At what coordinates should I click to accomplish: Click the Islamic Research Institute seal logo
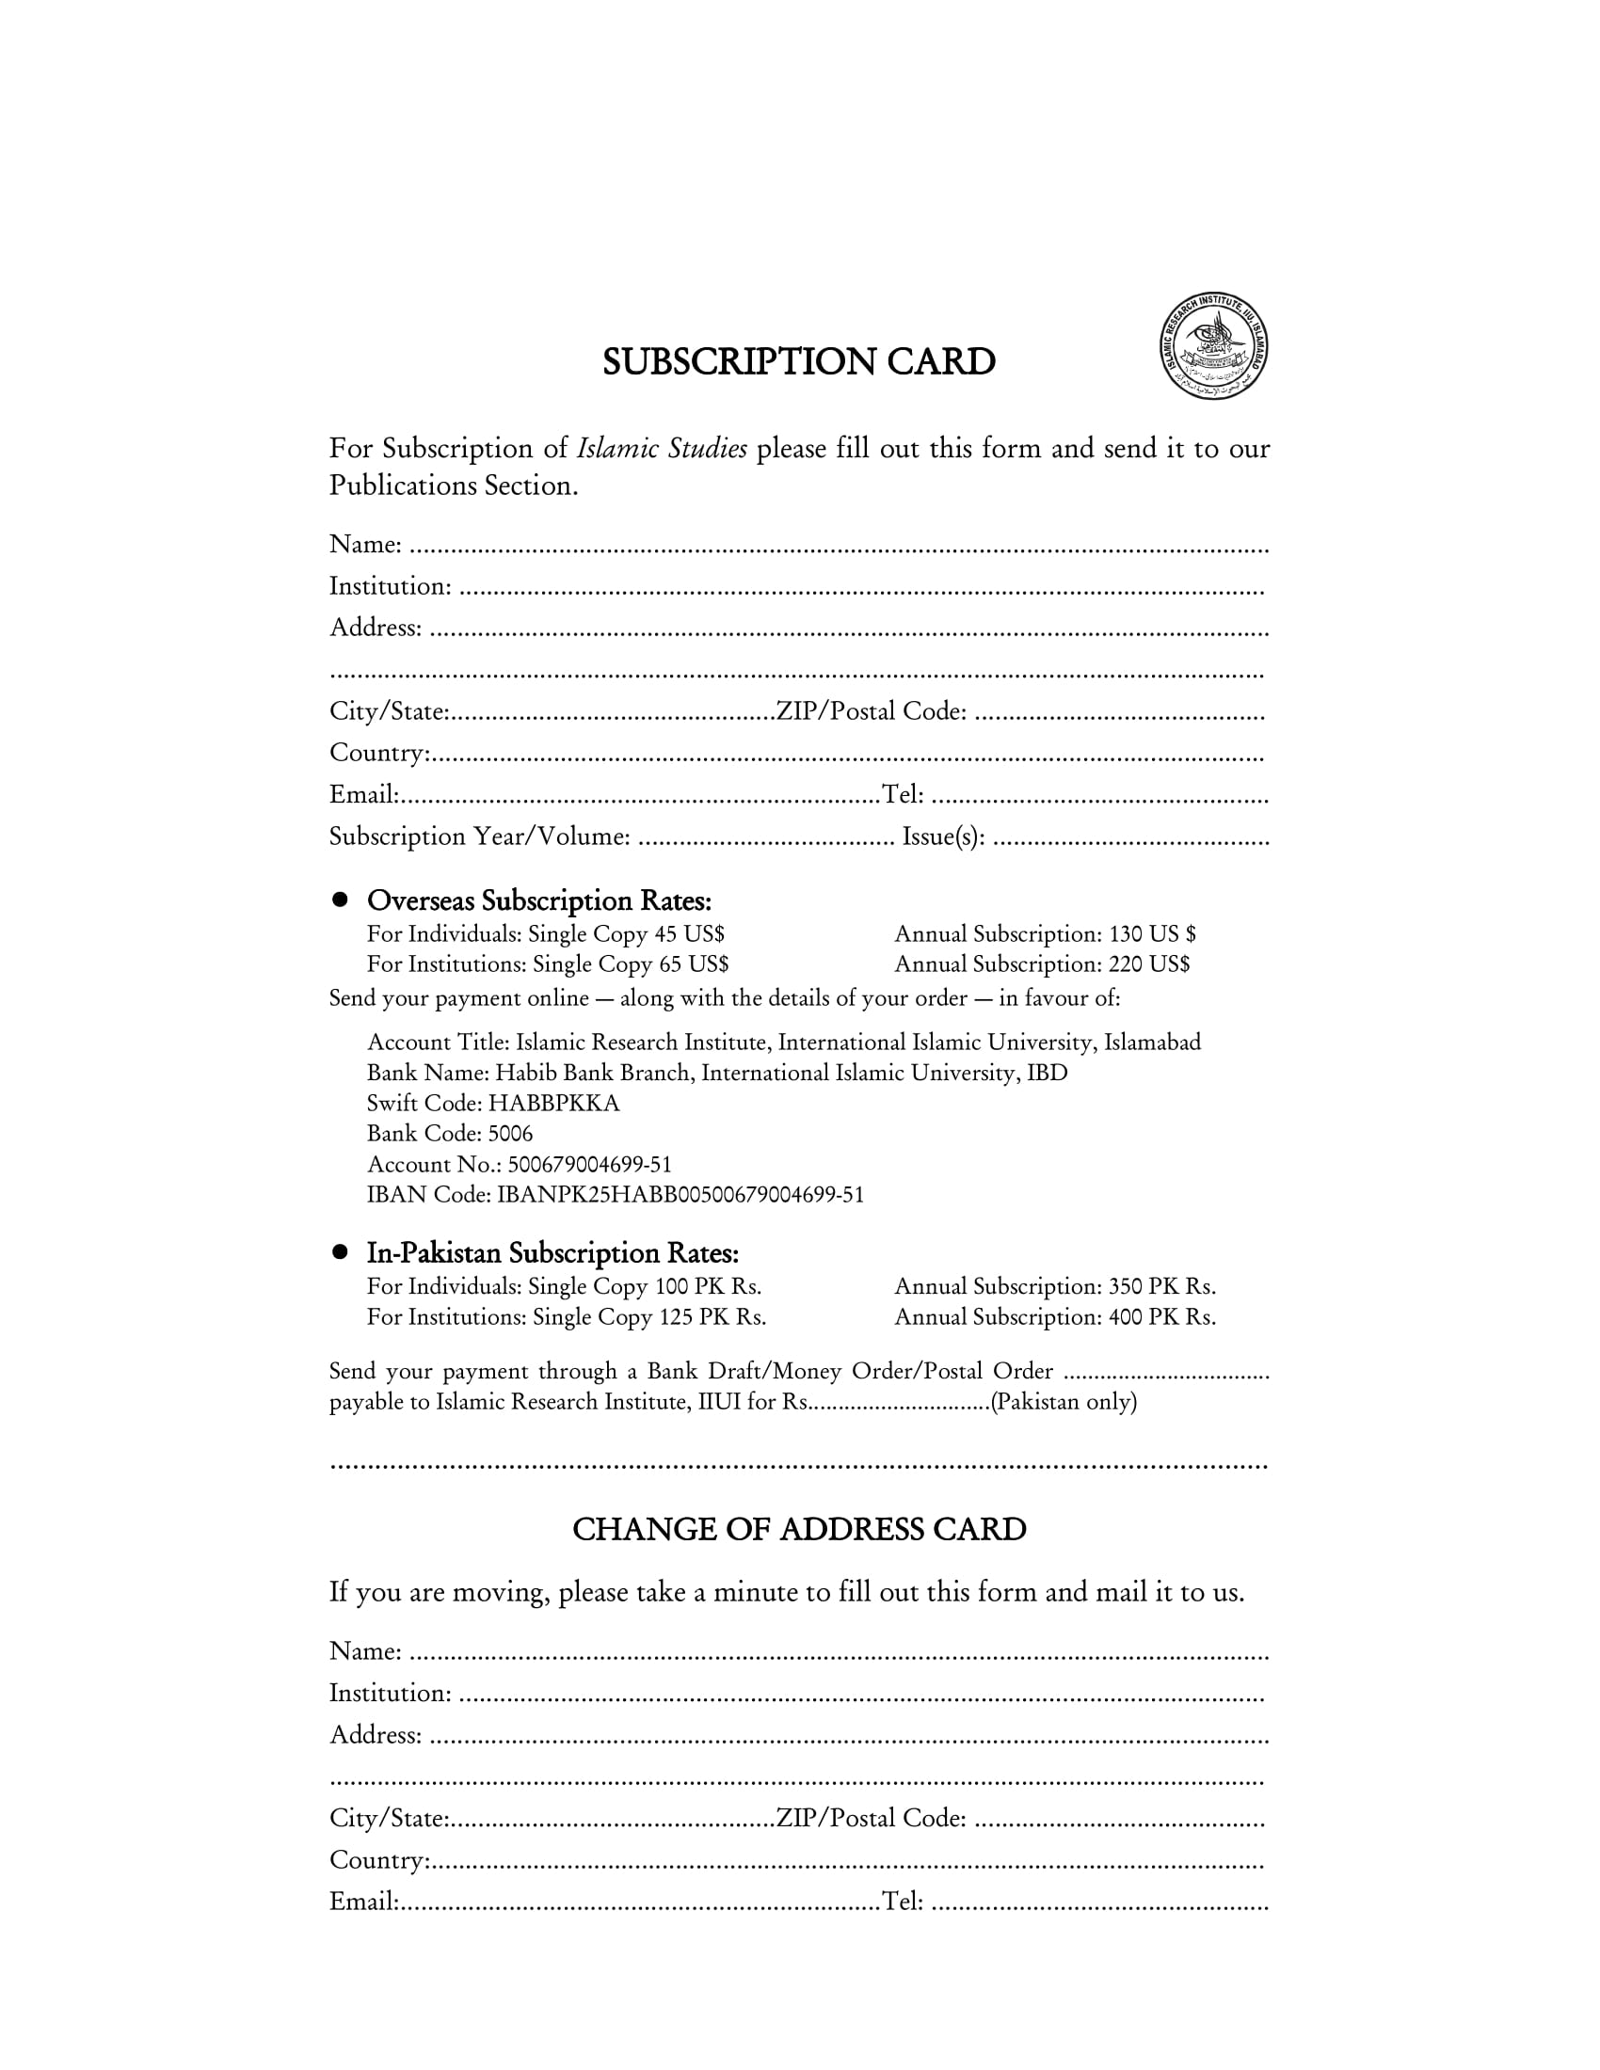click(x=1214, y=346)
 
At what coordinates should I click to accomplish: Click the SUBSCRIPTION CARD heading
click(x=799, y=362)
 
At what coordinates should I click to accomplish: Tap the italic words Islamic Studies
click(x=662, y=448)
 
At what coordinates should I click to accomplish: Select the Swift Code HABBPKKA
click(x=553, y=1104)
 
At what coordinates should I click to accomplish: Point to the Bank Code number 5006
click(x=510, y=1134)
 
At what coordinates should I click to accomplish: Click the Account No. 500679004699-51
click(x=589, y=1164)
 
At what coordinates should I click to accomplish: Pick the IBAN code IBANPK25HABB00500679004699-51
click(x=680, y=1194)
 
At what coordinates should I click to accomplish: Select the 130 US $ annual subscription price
click(x=1152, y=934)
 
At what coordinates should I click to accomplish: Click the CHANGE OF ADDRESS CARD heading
click(x=799, y=1530)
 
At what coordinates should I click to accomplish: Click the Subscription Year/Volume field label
click(x=480, y=836)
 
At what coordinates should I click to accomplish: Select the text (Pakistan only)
click(x=1064, y=1402)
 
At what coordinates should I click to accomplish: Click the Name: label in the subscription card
click(x=366, y=545)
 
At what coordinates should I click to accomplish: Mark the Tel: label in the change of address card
click(x=903, y=1903)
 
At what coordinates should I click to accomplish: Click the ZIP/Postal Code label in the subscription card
click(x=872, y=712)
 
